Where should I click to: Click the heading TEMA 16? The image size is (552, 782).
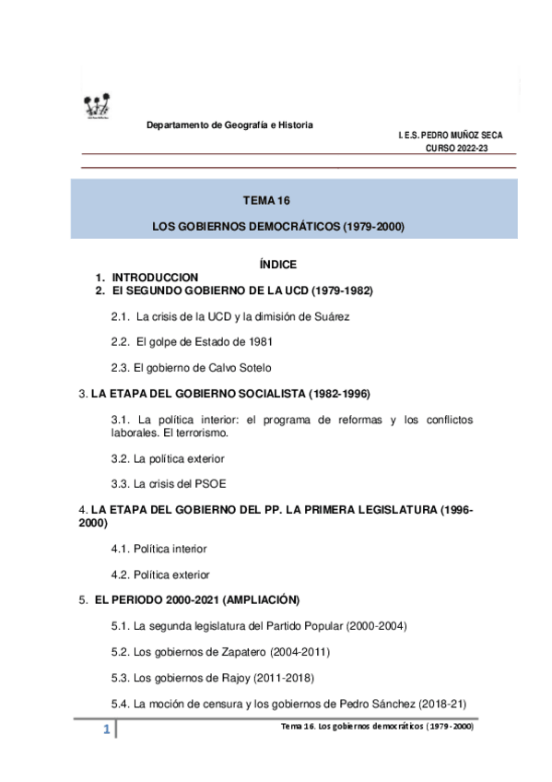click(266, 199)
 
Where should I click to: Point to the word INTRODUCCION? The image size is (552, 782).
click(155, 278)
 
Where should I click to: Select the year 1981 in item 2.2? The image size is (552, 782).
click(257, 341)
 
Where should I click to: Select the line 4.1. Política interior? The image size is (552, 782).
click(159, 549)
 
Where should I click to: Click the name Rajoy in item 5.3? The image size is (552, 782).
click(232, 678)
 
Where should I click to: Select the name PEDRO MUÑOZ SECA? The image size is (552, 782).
click(462, 136)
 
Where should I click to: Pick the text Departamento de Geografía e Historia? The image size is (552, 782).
click(230, 124)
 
